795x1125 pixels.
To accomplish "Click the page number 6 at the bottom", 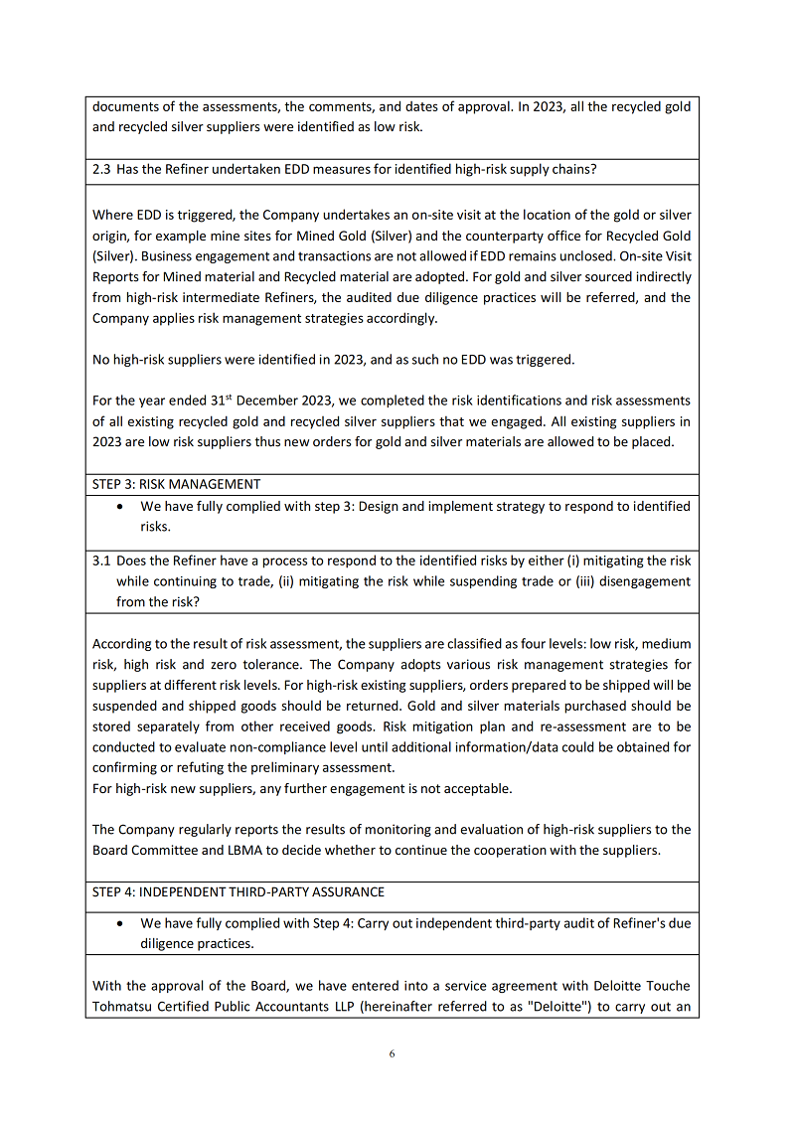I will pos(392,1053).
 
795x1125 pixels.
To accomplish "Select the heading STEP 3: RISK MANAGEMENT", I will pos(176,484).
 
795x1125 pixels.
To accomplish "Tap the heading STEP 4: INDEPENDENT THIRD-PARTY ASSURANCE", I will pos(238,891).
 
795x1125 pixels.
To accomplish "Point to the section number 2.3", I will pos(100,169).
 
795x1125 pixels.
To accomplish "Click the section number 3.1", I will pos(100,561).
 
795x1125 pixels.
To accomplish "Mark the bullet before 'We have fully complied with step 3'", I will pos(120,506).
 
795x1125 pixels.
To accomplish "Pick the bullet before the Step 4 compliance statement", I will pos(120,923).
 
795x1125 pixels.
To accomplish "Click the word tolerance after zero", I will pos(271,664).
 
